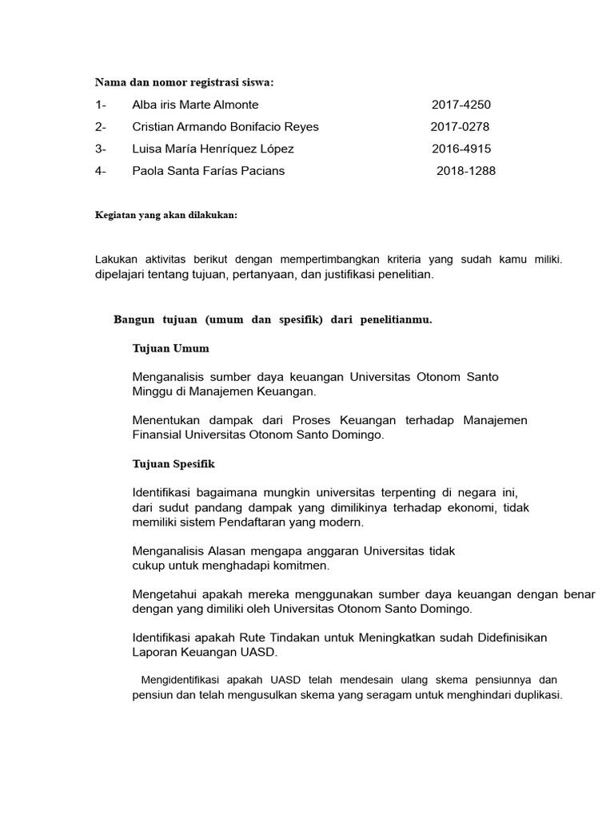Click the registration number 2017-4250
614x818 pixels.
tap(461, 105)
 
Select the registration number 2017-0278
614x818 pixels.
tap(460, 127)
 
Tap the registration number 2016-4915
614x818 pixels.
tap(461, 149)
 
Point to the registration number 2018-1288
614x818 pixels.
tap(465, 171)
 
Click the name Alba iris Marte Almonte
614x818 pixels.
tap(195, 105)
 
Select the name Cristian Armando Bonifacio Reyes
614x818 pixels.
tap(225, 127)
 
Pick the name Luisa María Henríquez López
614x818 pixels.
tap(213, 149)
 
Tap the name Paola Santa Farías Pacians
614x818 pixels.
tap(208, 171)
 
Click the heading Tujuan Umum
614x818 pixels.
tap(170, 348)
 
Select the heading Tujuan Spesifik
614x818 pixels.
tap(173, 463)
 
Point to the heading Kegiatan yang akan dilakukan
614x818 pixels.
tap(166, 216)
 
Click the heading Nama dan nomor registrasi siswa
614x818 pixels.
tap(185, 81)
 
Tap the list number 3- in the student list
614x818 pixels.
tap(101, 149)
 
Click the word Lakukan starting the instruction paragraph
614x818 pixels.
tap(117, 260)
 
